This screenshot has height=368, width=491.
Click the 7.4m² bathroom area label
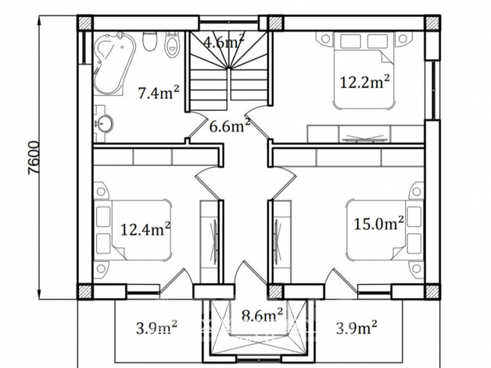159,93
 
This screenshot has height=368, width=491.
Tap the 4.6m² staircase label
223,40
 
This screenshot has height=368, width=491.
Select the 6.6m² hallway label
230,126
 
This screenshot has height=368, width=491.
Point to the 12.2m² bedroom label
365,82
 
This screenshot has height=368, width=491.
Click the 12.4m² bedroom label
145,229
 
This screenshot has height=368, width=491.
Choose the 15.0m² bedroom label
379,223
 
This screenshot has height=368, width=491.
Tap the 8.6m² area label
263,315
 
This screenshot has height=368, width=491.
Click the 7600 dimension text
34,158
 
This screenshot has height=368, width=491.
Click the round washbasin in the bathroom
104,124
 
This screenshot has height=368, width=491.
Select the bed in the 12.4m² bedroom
133,230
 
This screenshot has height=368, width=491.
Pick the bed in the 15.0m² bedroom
385,230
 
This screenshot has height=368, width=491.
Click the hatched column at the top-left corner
85,23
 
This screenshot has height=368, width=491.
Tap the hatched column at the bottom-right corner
432,292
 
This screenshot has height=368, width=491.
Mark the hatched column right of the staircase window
276,23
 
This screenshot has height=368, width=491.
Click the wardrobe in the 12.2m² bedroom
365,134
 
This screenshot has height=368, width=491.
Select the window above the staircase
229,23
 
